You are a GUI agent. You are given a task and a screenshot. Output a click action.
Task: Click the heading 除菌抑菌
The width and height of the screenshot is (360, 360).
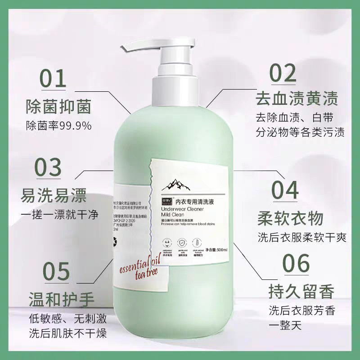pyautogui.click(x=58, y=107)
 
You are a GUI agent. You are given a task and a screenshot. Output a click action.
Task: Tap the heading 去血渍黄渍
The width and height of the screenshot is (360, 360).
pyautogui.click(x=296, y=98)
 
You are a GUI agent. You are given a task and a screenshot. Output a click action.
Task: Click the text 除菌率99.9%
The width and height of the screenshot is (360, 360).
pyautogui.click(x=58, y=125)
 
